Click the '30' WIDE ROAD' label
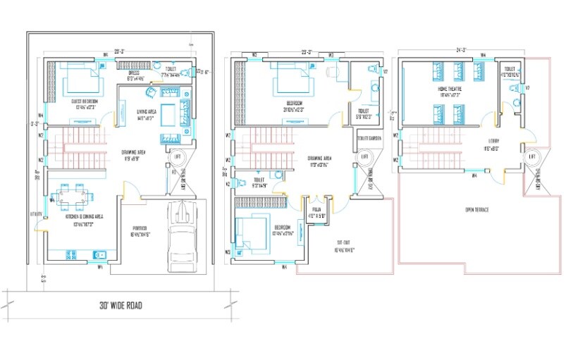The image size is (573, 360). [118, 306]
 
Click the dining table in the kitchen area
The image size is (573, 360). [73, 194]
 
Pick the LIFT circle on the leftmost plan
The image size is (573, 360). [177, 156]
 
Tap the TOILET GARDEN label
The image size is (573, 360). [369, 138]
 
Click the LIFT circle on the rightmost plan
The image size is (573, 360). [534, 156]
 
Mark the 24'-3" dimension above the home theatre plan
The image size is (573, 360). [462, 51]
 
